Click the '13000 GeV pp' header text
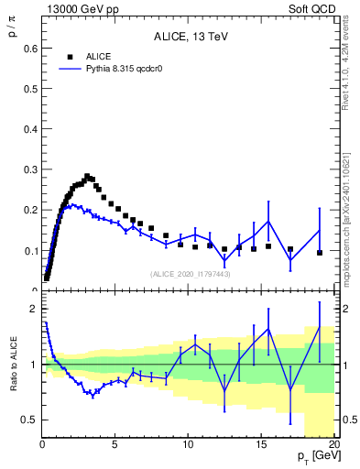click(x=80, y=8)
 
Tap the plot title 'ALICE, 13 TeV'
click(x=190, y=38)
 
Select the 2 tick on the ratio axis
click(x=34, y=309)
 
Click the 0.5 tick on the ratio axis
click(x=30, y=420)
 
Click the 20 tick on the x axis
click(x=333, y=445)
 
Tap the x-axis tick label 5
click(x=115, y=445)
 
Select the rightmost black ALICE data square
click(x=320, y=252)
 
